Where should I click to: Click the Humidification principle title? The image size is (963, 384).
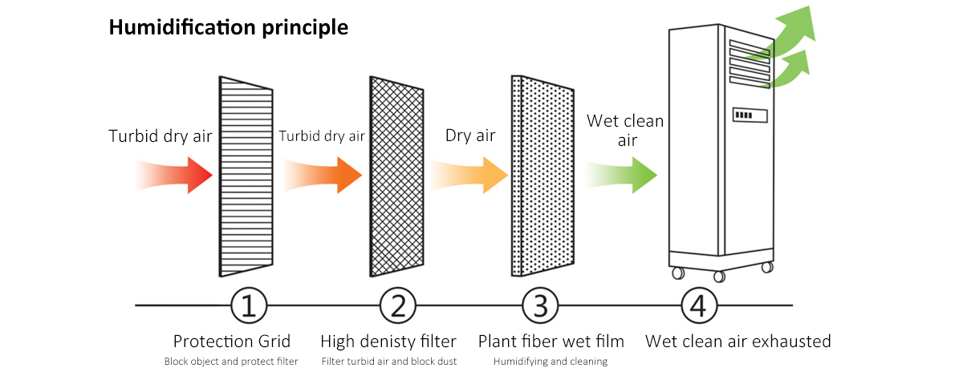pos(229,27)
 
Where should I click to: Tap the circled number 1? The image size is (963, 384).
pos(249,305)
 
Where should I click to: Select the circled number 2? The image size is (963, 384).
pos(398,305)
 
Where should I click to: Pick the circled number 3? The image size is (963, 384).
pos(540,305)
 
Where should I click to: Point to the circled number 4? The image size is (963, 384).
pos(699,305)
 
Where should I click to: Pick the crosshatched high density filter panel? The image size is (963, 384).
pos(397,176)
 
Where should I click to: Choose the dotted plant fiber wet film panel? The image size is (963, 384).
pos(543,176)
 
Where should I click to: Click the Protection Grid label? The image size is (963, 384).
pos(232,342)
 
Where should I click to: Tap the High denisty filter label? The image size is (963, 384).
pos(388,342)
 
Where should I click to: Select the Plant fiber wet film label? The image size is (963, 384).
pos(551,342)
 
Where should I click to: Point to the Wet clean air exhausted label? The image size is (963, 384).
pos(738,342)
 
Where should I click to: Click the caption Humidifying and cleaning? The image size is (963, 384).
pos(551,362)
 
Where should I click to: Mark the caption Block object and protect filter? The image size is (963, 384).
pos(231,362)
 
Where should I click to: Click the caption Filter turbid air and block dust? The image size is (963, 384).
pos(389,362)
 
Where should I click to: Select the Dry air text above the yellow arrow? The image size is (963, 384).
pos(470,135)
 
